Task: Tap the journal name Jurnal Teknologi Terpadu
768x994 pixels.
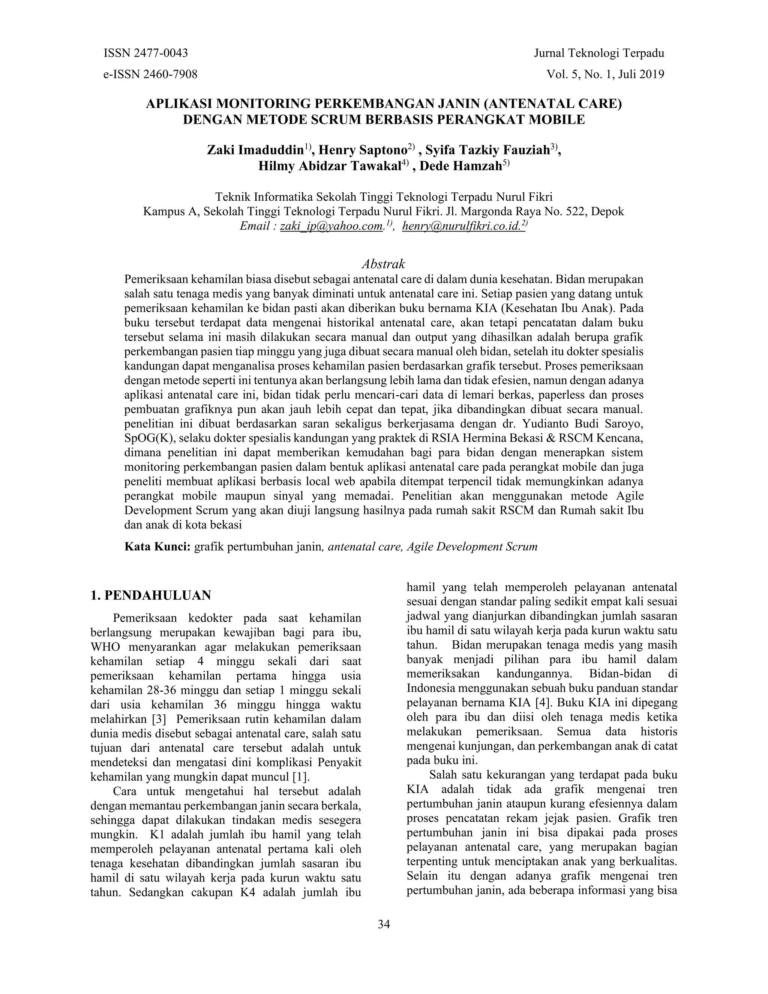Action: pyautogui.click(x=599, y=53)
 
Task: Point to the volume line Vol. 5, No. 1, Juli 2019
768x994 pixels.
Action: pyautogui.click(x=605, y=74)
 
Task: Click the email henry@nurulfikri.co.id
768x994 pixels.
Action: pyautogui.click(x=461, y=226)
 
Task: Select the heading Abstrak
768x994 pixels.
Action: pyautogui.click(x=383, y=264)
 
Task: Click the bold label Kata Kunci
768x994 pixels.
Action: pyautogui.click(x=157, y=547)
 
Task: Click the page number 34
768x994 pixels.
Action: pyautogui.click(x=384, y=924)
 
